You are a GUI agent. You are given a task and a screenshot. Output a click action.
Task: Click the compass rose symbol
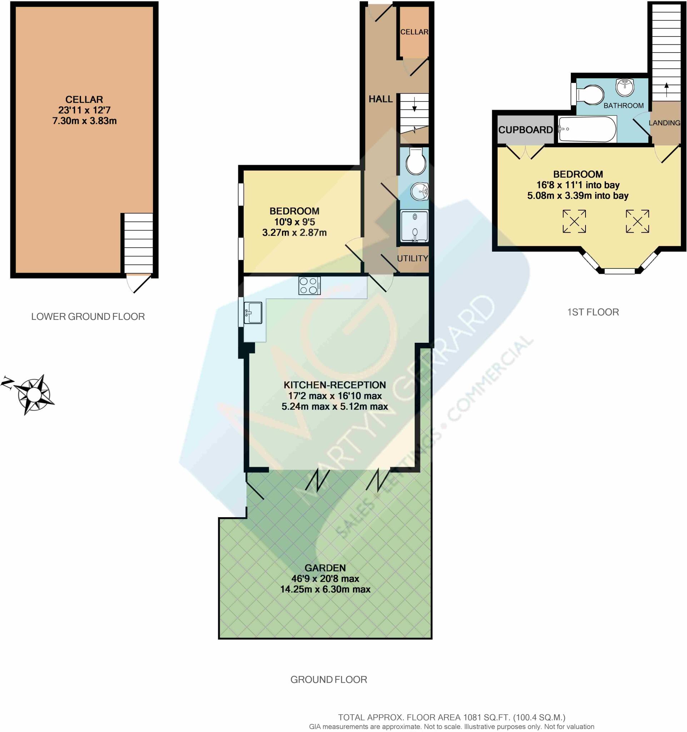34,395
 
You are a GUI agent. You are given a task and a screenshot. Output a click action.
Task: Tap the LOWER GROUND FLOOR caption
88,317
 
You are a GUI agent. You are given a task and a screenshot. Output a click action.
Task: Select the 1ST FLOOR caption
593,312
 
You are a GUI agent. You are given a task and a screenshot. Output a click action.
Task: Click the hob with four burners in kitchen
309,286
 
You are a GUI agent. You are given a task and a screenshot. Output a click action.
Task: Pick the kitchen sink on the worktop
253,313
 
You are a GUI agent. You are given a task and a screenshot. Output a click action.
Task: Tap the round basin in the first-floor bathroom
625,87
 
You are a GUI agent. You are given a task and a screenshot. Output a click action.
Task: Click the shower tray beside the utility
414,226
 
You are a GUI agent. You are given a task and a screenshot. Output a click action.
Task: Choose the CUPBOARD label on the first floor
525,130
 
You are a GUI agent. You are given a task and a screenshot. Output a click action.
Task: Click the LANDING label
664,123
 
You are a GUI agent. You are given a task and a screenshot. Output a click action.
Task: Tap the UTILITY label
412,258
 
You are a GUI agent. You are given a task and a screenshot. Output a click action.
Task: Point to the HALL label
380,99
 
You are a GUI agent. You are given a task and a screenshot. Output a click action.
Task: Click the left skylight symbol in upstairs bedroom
574,221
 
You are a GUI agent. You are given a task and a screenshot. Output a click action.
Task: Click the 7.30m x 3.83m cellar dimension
84,121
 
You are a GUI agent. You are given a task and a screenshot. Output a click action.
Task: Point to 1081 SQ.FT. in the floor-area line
487,717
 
